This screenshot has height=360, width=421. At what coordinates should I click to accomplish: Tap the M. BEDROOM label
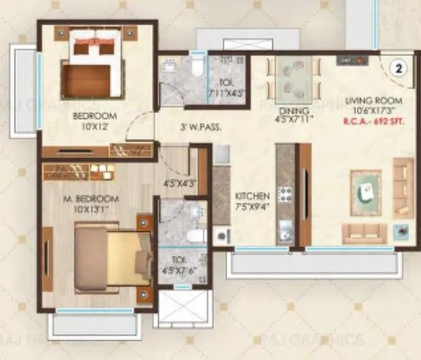(97, 199)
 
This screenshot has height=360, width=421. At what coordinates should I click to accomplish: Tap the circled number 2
(395, 67)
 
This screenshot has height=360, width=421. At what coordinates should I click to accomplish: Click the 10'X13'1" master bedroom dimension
(95, 209)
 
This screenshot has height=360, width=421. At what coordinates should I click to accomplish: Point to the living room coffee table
(365, 186)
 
